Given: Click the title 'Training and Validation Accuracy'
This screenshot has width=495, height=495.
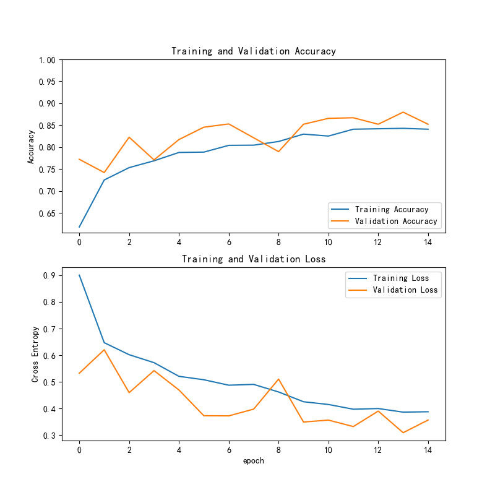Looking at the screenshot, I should click(x=254, y=51).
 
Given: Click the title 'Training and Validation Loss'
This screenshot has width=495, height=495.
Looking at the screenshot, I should click(x=254, y=259).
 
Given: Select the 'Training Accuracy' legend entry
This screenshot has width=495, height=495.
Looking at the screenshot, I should click(x=392, y=209).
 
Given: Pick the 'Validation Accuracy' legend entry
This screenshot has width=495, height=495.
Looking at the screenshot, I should click(x=396, y=221).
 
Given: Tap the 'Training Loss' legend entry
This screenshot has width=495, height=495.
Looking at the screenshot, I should click(x=400, y=278).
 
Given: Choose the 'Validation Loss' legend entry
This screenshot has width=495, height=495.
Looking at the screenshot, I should click(x=405, y=290).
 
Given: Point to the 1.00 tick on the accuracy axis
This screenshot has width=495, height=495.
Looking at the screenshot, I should click(x=47, y=60).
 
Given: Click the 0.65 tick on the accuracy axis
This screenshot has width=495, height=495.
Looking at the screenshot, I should click(x=47, y=213).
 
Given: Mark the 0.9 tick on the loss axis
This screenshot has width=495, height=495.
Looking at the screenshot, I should click(x=49, y=275).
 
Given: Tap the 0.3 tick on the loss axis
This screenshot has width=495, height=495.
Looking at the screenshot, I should click(x=49, y=436).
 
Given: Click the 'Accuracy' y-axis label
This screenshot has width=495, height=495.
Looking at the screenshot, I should click(x=31, y=147).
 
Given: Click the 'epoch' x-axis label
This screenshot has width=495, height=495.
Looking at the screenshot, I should click(x=254, y=460).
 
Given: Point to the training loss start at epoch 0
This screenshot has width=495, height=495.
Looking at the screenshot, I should click(x=79, y=275).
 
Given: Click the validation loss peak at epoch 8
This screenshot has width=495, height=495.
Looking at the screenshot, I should click(x=278, y=379).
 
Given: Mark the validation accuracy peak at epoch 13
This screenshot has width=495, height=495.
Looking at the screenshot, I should click(x=403, y=112).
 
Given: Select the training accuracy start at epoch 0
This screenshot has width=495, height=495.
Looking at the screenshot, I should click(x=79, y=227).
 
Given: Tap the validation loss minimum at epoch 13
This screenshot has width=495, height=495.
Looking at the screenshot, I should click(x=403, y=433).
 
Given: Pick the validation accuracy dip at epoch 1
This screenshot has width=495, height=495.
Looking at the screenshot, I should click(x=104, y=173).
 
